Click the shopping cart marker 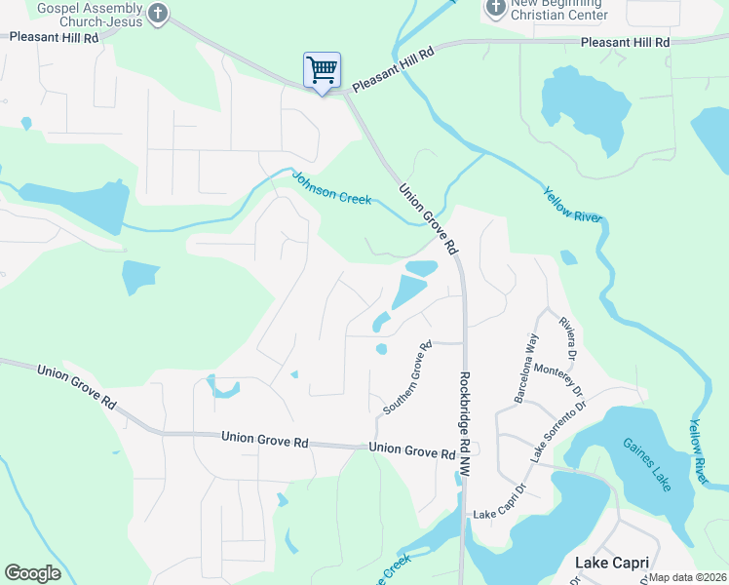click(322, 70)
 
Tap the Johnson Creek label click(332, 187)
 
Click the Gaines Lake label click(647, 464)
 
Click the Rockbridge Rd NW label click(465, 423)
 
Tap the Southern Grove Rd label click(407, 377)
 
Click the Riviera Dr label click(568, 335)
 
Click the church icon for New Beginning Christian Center click(495, 9)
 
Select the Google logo click(32, 573)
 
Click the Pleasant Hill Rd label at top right click(625, 43)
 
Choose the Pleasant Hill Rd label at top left click(54, 37)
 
